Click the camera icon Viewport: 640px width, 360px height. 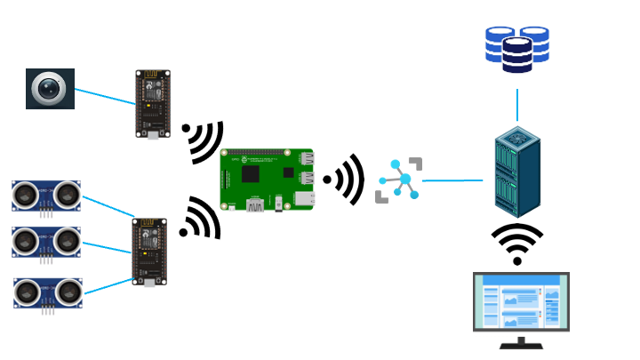coord(50,89)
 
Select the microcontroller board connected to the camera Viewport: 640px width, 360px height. coord(152,104)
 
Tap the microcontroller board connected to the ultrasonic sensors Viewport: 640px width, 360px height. coord(149,252)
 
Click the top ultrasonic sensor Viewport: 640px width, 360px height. coord(46,195)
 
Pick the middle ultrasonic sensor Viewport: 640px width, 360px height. coord(46,241)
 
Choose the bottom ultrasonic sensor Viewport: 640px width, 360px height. coord(48,292)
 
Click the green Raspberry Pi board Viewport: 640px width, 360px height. coord(267,180)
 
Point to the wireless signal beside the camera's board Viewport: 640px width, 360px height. coord(204,140)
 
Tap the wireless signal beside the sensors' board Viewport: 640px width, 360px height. coord(201,220)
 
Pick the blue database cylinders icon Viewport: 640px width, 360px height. coord(516,48)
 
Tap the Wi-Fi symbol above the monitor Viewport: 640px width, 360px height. coord(516,244)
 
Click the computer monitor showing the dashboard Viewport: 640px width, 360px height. coord(521,302)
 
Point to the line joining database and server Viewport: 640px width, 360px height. coord(516,104)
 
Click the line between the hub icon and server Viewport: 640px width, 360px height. coord(452,180)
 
